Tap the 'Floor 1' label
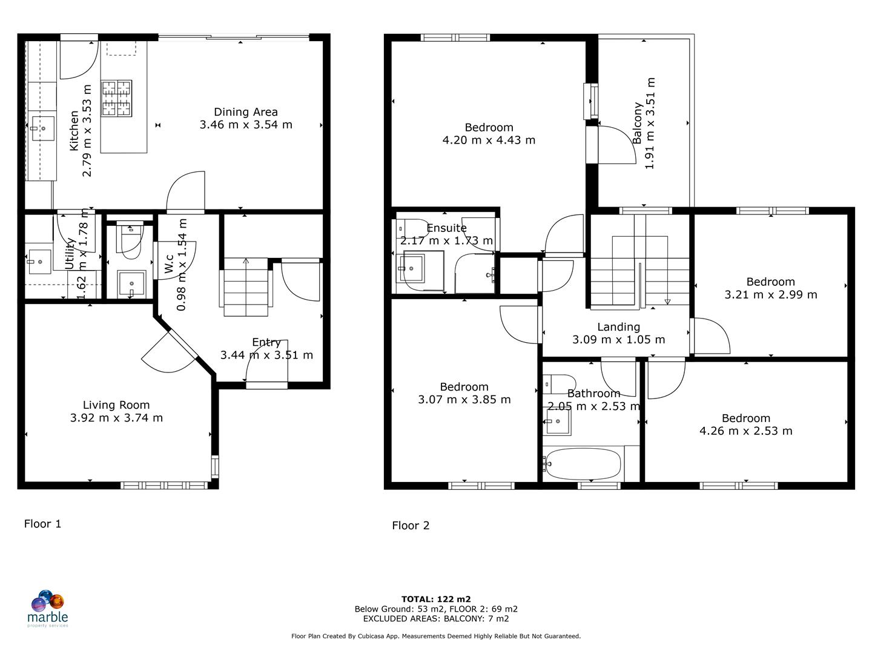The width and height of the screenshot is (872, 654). coord(42,524)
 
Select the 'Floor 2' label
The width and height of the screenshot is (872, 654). coord(411,526)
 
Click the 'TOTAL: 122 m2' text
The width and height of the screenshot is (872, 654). coord(436,599)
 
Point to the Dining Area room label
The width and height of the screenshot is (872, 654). coord(246,112)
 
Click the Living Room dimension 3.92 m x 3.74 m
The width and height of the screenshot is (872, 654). coord(116,418)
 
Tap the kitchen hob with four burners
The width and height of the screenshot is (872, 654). coord(117,98)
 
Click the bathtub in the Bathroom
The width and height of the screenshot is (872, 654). coord(582,464)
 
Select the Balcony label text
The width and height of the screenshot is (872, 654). coord(637,123)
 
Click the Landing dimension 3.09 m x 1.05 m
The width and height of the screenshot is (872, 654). coord(618,340)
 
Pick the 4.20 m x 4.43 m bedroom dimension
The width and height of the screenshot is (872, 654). coord(489,140)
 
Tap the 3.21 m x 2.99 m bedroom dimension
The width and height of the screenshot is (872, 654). coord(770,295)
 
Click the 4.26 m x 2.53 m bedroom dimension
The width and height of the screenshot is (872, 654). coord(745,431)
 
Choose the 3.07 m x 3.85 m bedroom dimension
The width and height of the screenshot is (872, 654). coord(464,400)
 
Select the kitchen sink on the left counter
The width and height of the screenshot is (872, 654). coord(43,128)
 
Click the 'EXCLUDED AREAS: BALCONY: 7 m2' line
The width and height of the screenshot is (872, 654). coord(436,619)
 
